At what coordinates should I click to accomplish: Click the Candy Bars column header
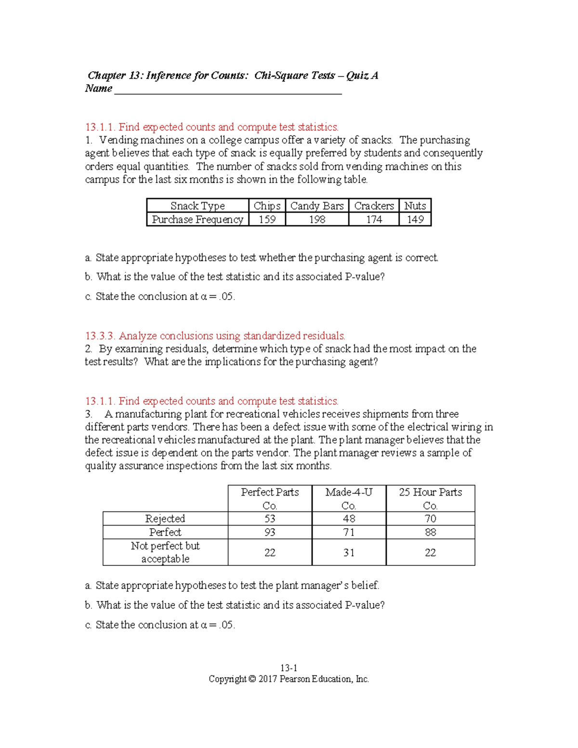pyautogui.click(x=316, y=206)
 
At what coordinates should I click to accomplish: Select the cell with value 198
pyautogui.click(x=317, y=220)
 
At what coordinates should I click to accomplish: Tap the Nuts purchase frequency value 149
pyautogui.click(x=415, y=220)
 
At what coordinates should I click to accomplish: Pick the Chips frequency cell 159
pyautogui.click(x=267, y=220)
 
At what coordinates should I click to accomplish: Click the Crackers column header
pyautogui.click(x=374, y=206)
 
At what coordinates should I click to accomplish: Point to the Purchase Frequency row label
pyautogui.click(x=197, y=220)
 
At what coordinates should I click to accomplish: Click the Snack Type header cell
pyautogui.click(x=197, y=206)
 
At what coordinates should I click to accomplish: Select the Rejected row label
pyautogui.click(x=165, y=519)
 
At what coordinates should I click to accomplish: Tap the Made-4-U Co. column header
pyautogui.click(x=349, y=499)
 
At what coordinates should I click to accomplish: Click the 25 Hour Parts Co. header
pyautogui.click(x=430, y=499)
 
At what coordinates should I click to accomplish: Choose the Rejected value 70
pyautogui.click(x=430, y=519)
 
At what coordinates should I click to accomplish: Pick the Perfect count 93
pyautogui.click(x=270, y=532)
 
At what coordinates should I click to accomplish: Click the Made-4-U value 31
pyautogui.click(x=349, y=552)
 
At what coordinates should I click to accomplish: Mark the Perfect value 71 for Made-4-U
pyautogui.click(x=349, y=532)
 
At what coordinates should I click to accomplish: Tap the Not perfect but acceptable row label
pyautogui.click(x=165, y=552)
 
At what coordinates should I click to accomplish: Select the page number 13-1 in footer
pyautogui.click(x=289, y=668)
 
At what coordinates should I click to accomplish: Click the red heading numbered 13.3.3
pyautogui.click(x=215, y=336)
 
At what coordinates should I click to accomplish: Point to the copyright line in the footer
pyautogui.click(x=289, y=679)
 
